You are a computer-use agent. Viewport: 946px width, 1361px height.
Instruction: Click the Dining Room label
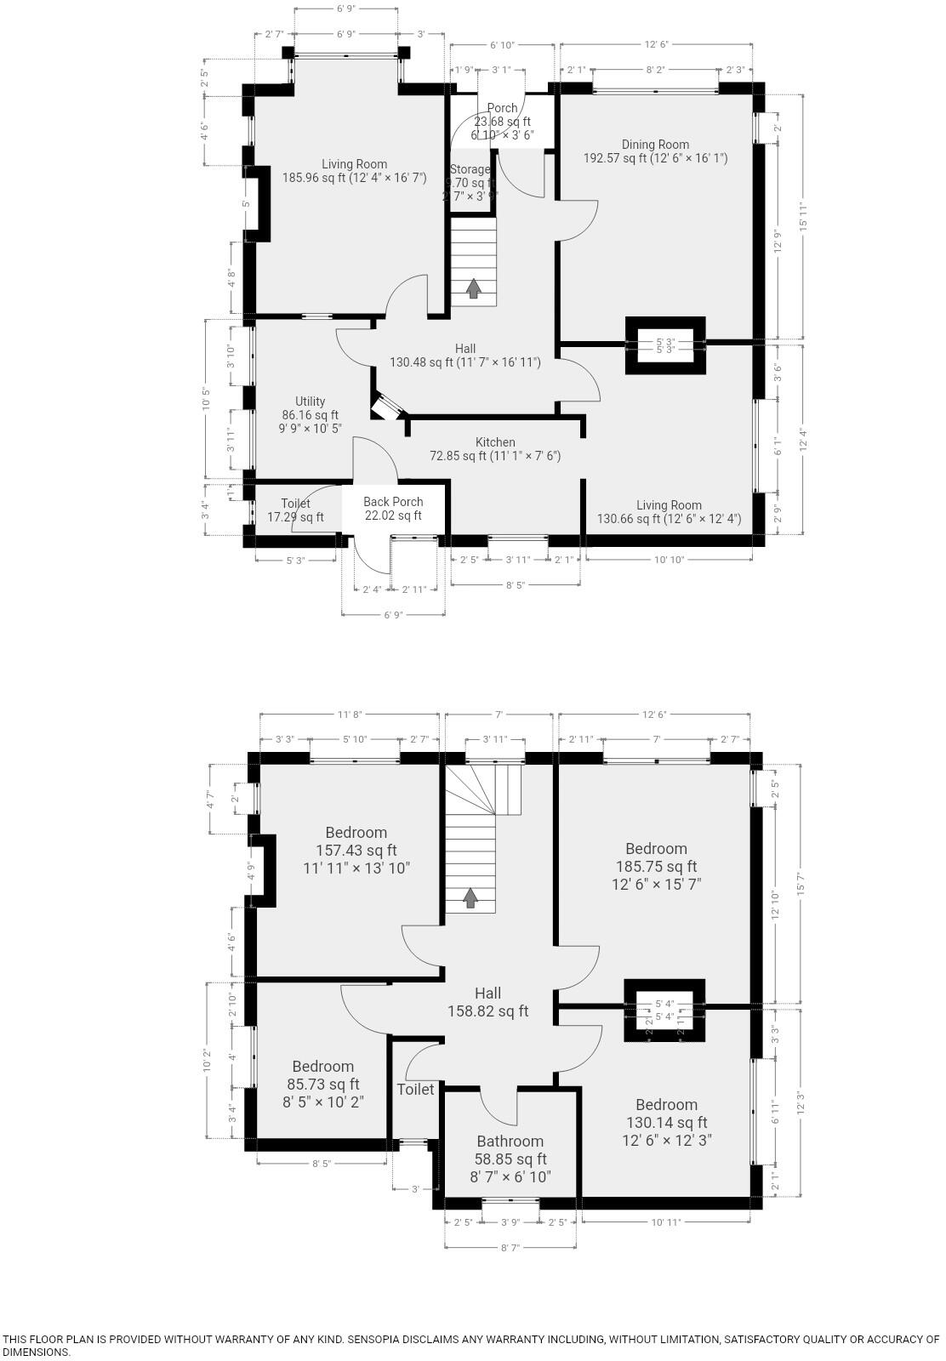coord(655,145)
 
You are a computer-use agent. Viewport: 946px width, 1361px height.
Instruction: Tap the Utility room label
coord(311,401)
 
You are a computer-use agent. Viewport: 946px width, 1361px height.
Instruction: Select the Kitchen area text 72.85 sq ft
coord(494,456)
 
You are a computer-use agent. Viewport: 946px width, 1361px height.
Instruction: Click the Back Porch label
coord(393,502)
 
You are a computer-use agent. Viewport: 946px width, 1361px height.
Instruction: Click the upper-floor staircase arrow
coord(470,897)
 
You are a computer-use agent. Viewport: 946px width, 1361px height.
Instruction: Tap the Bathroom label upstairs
coord(510,1141)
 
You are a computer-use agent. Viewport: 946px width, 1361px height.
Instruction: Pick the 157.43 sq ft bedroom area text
coord(356,850)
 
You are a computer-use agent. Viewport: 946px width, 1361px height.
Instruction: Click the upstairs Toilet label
coord(415,1090)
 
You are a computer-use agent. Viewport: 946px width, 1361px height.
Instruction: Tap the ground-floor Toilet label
coord(295,504)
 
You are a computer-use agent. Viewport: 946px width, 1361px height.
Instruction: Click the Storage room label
coord(470,169)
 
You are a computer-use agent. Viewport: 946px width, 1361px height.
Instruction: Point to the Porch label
coord(502,108)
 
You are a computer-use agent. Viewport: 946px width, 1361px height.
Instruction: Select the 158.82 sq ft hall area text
coord(487,1011)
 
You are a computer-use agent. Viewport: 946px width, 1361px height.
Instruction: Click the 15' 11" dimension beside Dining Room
coord(803,217)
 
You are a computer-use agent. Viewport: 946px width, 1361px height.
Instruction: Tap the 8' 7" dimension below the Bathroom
coord(510,1247)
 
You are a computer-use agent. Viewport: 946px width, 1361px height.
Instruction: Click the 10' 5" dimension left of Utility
coord(206,398)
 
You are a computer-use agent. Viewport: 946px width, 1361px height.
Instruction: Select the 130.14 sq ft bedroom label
coord(666,1123)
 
